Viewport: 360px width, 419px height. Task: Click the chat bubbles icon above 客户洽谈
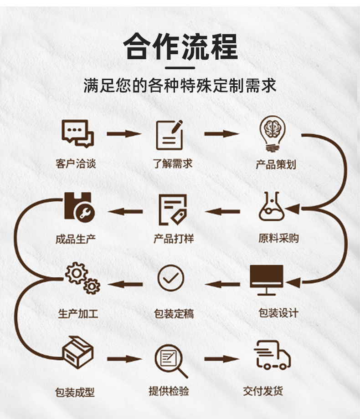pyautogui.click(x=77, y=133)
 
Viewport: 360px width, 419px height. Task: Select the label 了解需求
pyautogui.click(x=173, y=164)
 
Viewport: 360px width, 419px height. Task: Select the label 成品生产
pyautogui.click(x=76, y=239)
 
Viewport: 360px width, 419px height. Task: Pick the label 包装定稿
pyautogui.click(x=174, y=314)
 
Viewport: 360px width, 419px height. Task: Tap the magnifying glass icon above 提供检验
pyautogui.click(x=171, y=360)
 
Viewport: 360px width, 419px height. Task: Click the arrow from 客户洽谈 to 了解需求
pyautogui.click(x=124, y=134)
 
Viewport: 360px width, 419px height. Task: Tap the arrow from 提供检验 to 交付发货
pyautogui.click(x=221, y=359)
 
